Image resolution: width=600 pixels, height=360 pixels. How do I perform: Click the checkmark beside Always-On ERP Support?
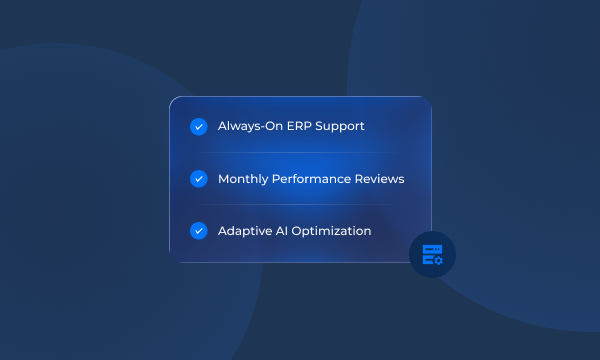(x=198, y=127)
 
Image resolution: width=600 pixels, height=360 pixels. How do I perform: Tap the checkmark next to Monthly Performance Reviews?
(x=198, y=179)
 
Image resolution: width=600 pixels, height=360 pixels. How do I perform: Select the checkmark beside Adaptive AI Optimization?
(x=198, y=231)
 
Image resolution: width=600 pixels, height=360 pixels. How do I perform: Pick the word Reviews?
(x=382, y=179)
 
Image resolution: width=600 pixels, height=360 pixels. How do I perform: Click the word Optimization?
(x=334, y=231)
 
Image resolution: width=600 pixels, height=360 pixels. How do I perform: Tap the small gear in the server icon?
(x=438, y=260)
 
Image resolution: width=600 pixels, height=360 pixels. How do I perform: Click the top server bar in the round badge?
(x=430, y=248)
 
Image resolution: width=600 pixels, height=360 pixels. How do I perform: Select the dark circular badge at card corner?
(x=432, y=254)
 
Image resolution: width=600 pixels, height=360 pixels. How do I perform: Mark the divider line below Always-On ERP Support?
(x=300, y=153)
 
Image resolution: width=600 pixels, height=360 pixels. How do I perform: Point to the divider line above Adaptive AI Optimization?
(x=300, y=205)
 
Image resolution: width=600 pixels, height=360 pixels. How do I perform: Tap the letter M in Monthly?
(x=224, y=179)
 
